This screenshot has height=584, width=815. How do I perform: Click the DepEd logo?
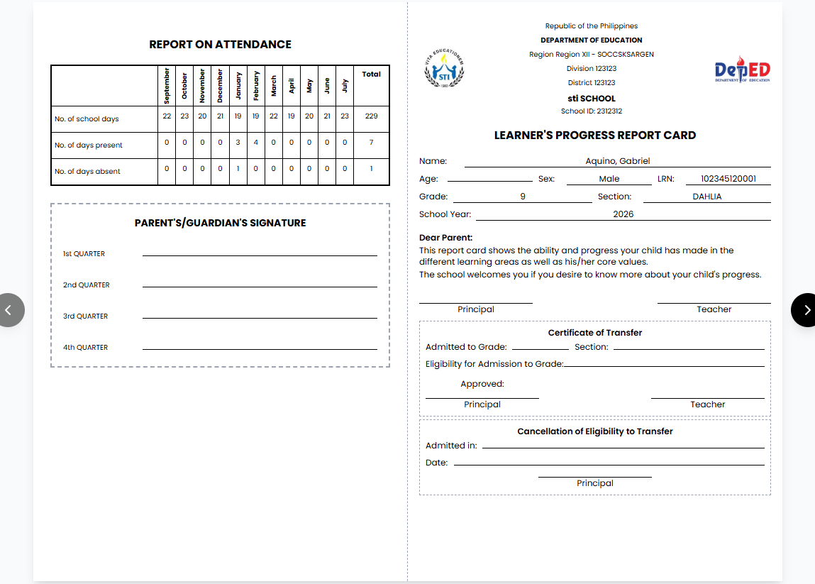tap(743, 70)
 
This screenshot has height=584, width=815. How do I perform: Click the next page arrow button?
tap(806, 310)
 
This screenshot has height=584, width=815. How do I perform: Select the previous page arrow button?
tap(9, 310)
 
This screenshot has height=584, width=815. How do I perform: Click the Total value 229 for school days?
tap(371, 116)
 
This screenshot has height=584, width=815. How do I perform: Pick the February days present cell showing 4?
tap(255, 142)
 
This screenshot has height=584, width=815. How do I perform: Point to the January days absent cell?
tap(238, 168)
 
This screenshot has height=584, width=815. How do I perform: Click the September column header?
tap(167, 85)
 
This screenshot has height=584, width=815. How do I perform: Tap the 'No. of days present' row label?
tap(89, 145)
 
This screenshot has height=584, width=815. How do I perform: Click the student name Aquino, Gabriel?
tap(617, 161)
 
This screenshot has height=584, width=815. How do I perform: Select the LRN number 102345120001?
tap(728, 179)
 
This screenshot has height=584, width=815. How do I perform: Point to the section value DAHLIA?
tap(706, 197)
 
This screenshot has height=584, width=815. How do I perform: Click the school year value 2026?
tap(623, 214)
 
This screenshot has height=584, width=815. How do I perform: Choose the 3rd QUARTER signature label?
tap(85, 316)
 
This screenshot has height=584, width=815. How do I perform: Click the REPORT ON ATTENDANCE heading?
tap(220, 44)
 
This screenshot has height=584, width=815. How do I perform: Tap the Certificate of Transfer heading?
tap(595, 333)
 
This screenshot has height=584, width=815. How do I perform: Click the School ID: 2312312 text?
tap(591, 111)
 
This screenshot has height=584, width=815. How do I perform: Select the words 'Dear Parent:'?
tap(445, 238)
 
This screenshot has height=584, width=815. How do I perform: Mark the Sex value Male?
tap(609, 179)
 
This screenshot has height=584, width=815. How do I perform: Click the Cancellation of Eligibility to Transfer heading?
tap(595, 431)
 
